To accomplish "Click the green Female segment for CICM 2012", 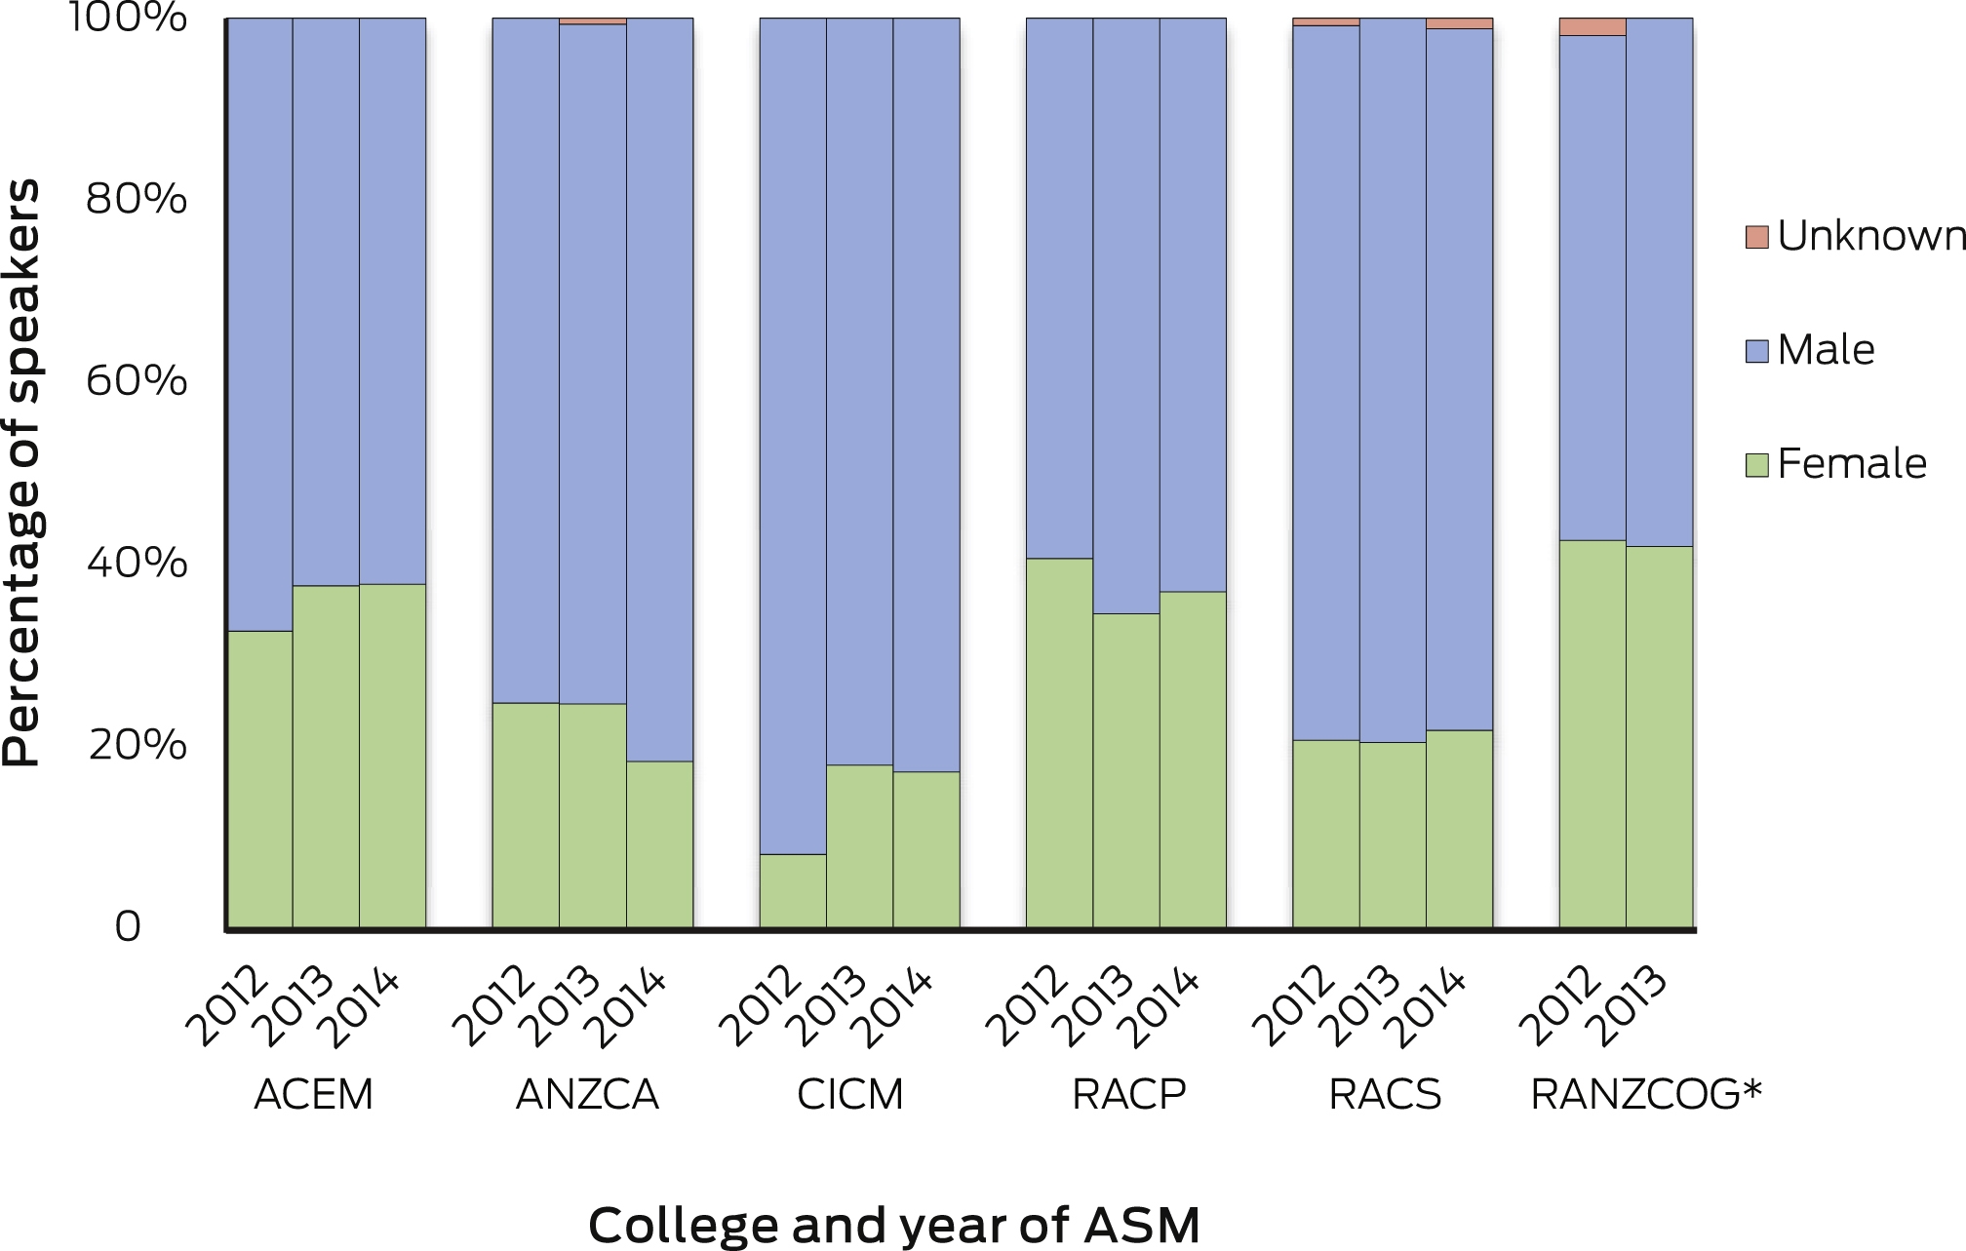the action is point(793,891).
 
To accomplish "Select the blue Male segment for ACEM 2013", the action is point(326,302).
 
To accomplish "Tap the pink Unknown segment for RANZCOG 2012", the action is point(1592,27).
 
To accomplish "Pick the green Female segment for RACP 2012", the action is point(1059,743).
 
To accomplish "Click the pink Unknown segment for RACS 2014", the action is point(1459,23).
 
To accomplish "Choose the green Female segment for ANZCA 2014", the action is point(659,844).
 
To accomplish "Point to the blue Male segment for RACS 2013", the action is point(1393,380).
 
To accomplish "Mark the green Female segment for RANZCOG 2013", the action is point(1660,737).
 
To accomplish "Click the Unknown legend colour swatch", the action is point(1756,237).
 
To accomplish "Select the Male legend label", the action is point(1826,350).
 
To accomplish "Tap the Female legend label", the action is point(1852,464).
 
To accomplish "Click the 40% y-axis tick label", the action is point(137,564).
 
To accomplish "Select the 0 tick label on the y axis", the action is point(128,927).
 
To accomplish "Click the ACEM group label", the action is point(313,1095).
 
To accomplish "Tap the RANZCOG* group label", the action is point(1646,1095).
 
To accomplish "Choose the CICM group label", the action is point(849,1095).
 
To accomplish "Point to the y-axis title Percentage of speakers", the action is point(21,473).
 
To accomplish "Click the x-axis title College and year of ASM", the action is point(893,1225).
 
